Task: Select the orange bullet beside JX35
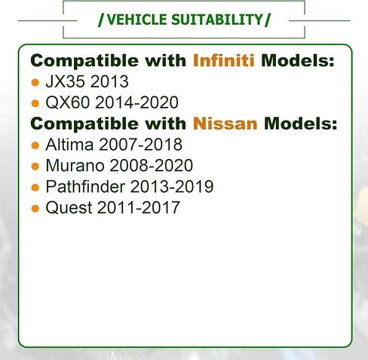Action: click(x=35, y=82)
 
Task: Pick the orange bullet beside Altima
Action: click(x=35, y=145)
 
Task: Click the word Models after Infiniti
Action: click(x=297, y=60)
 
